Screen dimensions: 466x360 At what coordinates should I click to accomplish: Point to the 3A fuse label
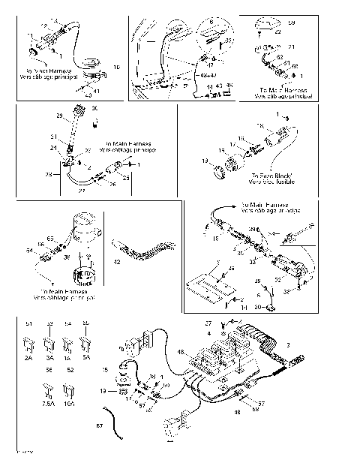coord(49,359)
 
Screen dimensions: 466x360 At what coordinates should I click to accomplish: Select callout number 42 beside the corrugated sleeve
coord(116,263)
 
